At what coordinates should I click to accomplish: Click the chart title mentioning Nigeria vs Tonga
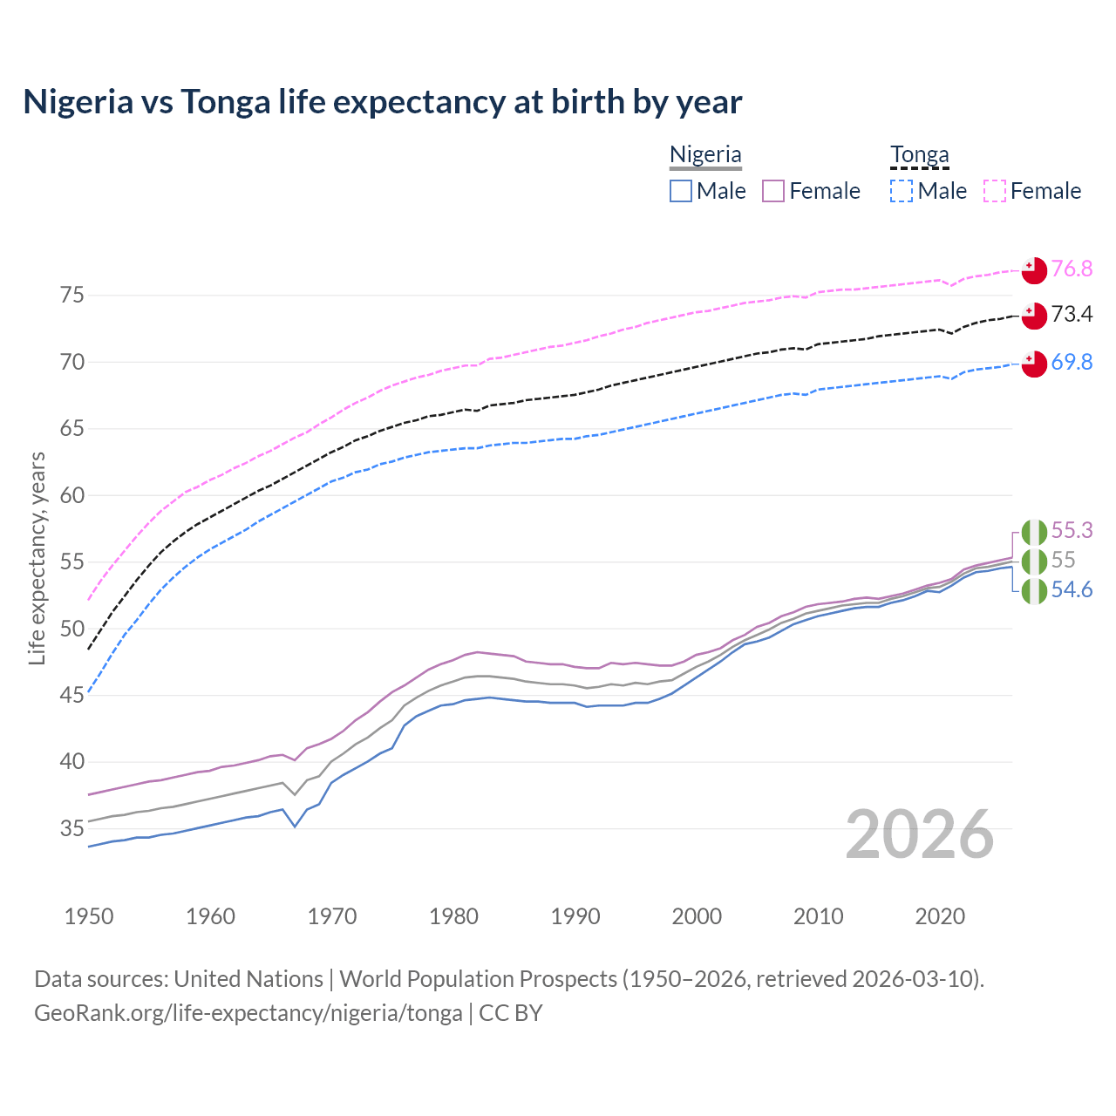(x=382, y=102)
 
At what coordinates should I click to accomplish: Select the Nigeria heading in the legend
(x=705, y=154)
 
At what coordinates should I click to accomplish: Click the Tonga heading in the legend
(x=919, y=154)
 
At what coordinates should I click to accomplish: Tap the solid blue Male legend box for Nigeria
(x=681, y=191)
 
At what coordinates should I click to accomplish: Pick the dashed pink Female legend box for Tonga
(x=995, y=191)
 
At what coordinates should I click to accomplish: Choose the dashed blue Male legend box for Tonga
(x=902, y=191)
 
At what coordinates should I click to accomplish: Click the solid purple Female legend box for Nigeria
(x=773, y=191)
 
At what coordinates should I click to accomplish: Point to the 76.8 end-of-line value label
(x=1072, y=269)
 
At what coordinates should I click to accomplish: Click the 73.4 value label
(x=1072, y=314)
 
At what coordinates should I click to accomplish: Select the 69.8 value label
(x=1072, y=362)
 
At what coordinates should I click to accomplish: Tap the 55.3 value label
(x=1072, y=530)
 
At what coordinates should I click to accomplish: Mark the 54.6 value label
(x=1072, y=590)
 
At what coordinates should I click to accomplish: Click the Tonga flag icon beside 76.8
(x=1034, y=270)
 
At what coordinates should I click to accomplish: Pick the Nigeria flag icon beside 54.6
(x=1034, y=591)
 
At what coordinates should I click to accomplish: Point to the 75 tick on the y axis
(x=72, y=296)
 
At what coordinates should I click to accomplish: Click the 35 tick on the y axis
(x=72, y=828)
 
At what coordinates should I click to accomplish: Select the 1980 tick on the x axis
(x=453, y=916)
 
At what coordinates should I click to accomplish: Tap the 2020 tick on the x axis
(x=939, y=916)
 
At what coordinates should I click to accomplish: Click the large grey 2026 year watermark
(x=919, y=834)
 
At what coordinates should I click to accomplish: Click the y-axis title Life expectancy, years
(x=37, y=558)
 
